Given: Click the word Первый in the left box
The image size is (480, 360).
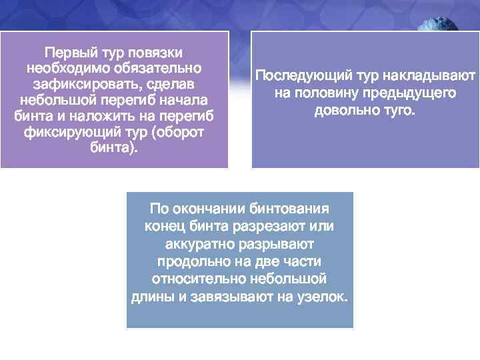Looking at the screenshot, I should [x=65, y=52].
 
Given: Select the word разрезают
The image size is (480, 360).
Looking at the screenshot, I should [x=265, y=226].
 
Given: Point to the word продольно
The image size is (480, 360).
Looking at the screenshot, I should [x=191, y=261].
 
